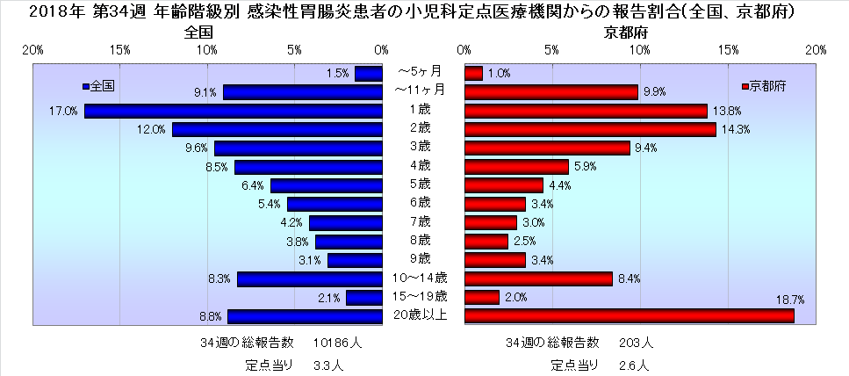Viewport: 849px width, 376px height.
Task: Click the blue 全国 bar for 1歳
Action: point(234,111)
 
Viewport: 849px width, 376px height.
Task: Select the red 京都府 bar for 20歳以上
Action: point(629,315)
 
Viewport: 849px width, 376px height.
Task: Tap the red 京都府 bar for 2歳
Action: point(590,129)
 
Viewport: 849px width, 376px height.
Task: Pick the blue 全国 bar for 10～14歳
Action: point(310,278)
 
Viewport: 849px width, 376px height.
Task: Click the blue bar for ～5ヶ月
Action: point(369,74)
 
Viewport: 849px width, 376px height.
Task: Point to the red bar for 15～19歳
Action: point(481,297)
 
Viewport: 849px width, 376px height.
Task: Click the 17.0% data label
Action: point(66,112)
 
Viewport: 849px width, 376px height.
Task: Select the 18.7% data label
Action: point(792,300)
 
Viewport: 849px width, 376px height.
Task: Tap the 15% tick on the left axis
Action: point(121,50)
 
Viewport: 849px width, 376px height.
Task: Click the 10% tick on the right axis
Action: point(640,50)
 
